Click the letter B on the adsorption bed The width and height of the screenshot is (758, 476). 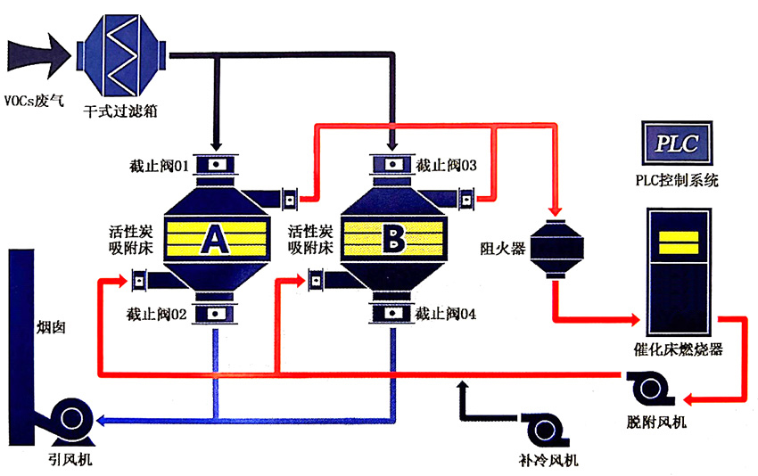[392, 238]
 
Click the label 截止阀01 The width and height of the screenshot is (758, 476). [156, 166]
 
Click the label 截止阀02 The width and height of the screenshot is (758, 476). [156, 314]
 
